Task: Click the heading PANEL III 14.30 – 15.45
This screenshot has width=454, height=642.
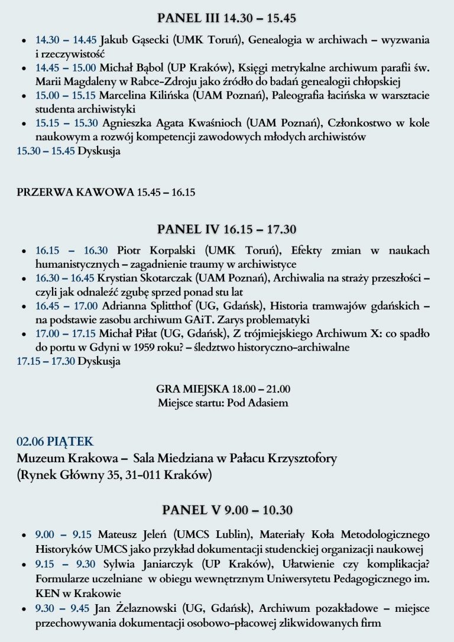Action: [226, 18]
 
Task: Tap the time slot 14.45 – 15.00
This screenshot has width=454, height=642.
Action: [66, 68]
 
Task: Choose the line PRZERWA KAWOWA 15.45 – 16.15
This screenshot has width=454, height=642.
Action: [106, 192]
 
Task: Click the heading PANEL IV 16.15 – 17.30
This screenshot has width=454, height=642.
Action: [226, 229]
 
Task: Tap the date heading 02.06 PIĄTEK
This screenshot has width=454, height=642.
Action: [55, 442]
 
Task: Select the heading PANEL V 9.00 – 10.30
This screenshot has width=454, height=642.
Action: [228, 510]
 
